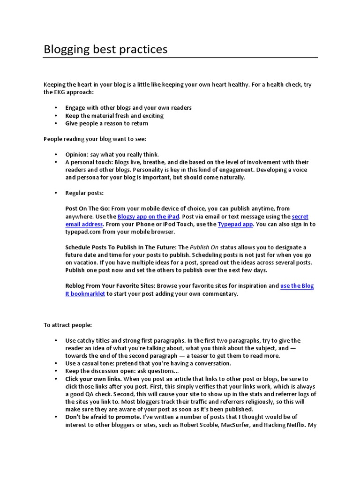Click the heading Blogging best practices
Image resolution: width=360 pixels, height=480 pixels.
point(105,49)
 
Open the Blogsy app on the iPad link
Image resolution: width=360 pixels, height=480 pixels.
point(148,217)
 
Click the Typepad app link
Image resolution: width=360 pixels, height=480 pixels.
point(235,224)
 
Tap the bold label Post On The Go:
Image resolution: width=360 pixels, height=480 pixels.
point(88,208)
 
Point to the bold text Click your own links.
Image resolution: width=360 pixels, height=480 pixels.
point(94,378)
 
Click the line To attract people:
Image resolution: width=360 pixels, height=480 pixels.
point(68,324)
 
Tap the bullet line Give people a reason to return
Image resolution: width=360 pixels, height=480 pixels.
point(106,123)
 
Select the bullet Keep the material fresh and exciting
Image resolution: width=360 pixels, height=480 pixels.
point(114,115)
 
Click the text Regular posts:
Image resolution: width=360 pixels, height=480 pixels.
point(84,193)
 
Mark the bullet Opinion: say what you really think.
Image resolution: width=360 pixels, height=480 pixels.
point(112,154)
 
